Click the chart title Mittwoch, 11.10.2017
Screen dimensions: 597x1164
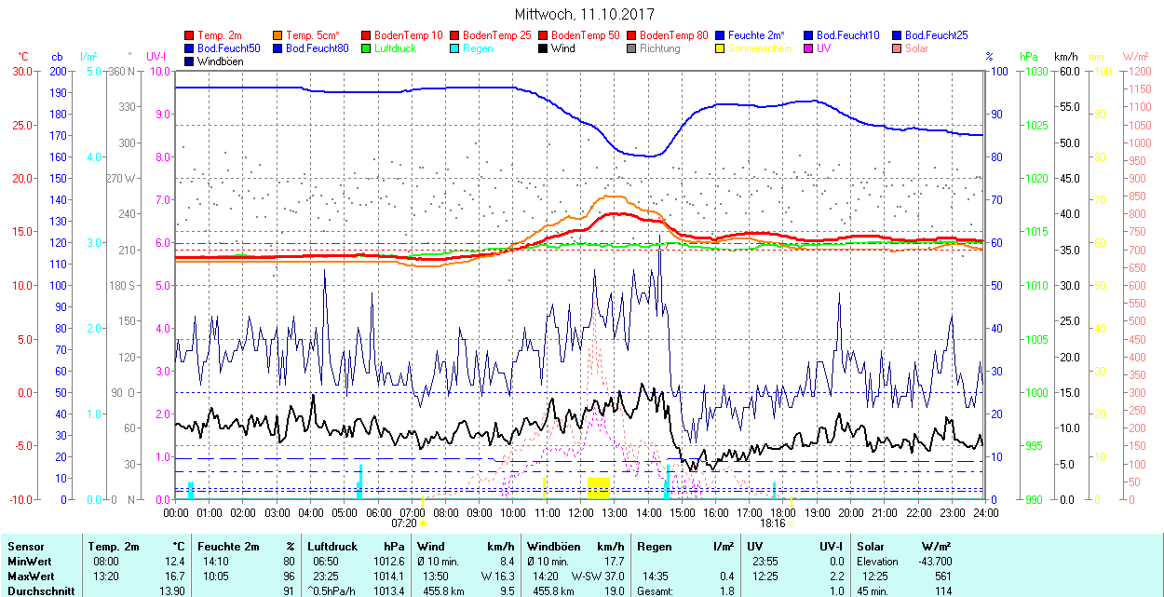point(584,15)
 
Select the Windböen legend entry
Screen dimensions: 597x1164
point(220,61)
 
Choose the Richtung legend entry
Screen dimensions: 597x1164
point(659,48)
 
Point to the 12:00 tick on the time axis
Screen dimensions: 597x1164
point(580,512)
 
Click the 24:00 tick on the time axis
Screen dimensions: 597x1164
point(984,512)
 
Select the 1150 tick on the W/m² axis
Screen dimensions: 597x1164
point(1138,89)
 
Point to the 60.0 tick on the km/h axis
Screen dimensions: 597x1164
point(1067,71)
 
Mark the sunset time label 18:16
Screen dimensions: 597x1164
point(772,523)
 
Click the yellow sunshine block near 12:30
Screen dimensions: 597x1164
point(599,487)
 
